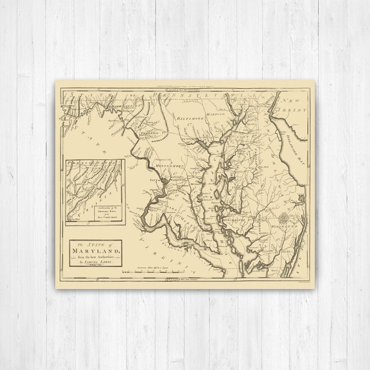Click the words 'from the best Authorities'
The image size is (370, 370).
click(96, 258)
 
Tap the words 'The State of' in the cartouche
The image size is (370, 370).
click(94, 244)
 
